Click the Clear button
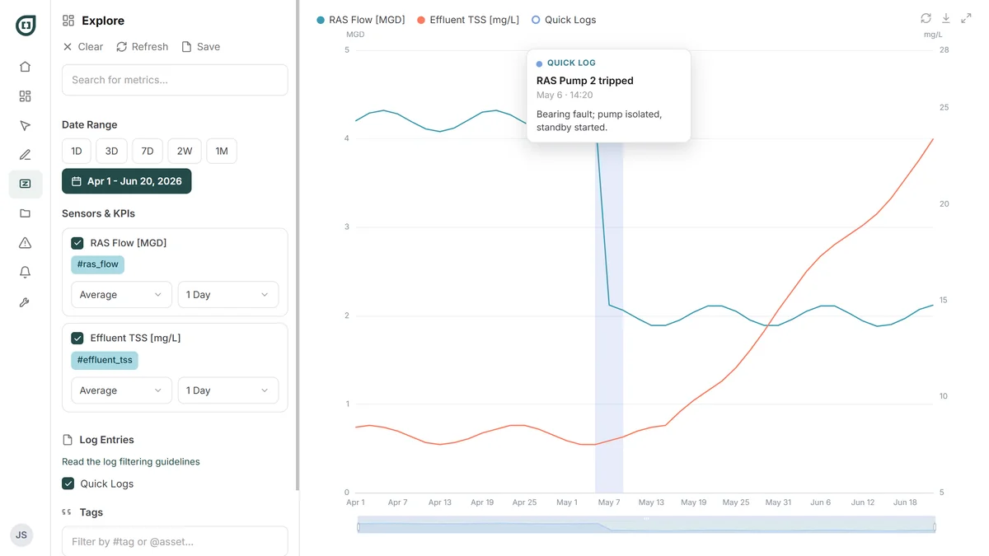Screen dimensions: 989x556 [x=83, y=47]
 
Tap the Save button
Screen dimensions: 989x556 [x=201, y=47]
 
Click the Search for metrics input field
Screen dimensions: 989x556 [x=175, y=80]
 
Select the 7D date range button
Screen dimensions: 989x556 [x=147, y=152]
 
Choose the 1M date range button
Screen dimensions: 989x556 [x=222, y=152]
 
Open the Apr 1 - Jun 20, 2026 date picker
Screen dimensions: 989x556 [x=127, y=181]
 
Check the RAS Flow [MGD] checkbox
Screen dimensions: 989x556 [x=77, y=243]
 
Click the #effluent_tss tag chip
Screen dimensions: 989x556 [x=105, y=360]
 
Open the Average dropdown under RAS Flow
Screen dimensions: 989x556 [x=121, y=295]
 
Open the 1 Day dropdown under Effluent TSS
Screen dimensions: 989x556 [x=227, y=390]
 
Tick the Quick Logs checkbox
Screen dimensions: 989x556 [x=68, y=484]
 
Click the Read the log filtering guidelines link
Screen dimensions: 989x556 [x=131, y=461]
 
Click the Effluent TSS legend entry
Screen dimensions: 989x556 [x=468, y=20]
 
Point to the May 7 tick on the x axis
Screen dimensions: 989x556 [x=609, y=502]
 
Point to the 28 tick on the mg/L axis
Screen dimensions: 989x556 [x=944, y=50]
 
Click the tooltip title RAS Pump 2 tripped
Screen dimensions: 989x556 [x=584, y=81]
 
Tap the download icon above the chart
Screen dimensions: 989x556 [x=946, y=18]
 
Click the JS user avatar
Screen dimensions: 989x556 [x=21, y=535]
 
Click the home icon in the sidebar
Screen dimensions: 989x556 [x=26, y=67]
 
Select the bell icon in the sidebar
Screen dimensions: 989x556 [x=26, y=273]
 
